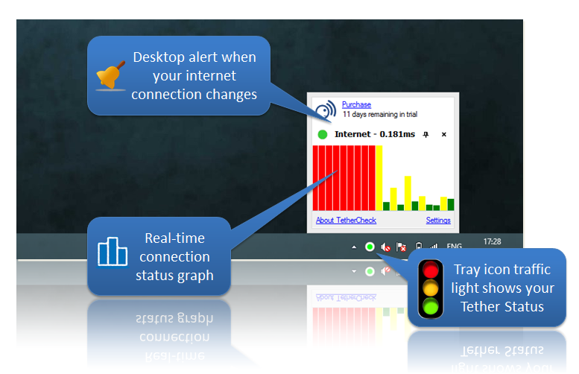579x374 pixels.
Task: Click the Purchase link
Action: [x=356, y=104]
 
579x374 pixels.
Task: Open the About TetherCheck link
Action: [x=346, y=220]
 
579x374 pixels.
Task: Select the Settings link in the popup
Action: [x=438, y=220]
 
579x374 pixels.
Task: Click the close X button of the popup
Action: [x=444, y=134]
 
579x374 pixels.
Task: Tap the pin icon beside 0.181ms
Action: [x=425, y=134]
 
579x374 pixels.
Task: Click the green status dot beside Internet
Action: [x=323, y=134]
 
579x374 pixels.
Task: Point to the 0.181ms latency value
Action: [x=397, y=134]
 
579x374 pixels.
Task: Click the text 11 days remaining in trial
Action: [x=380, y=115]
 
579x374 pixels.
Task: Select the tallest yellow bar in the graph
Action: [x=379, y=178]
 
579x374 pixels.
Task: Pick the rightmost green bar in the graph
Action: [x=451, y=205]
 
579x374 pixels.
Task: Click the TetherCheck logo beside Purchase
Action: [x=326, y=110]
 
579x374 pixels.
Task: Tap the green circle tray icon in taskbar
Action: [x=370, y=247]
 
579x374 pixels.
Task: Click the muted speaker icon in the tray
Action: [x=385, y=247]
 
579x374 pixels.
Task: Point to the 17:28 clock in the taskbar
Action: [x=493, y=241]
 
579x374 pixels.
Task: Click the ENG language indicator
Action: [x=455, y=247]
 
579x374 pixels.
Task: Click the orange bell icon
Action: [x=110, y=75]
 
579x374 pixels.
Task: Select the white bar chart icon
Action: [x=113, y=251]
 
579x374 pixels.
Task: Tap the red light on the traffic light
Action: [x=431, y=270]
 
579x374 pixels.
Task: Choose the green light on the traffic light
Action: [x=431, y=307]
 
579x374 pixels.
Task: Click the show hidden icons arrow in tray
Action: [x=354, y=247]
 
